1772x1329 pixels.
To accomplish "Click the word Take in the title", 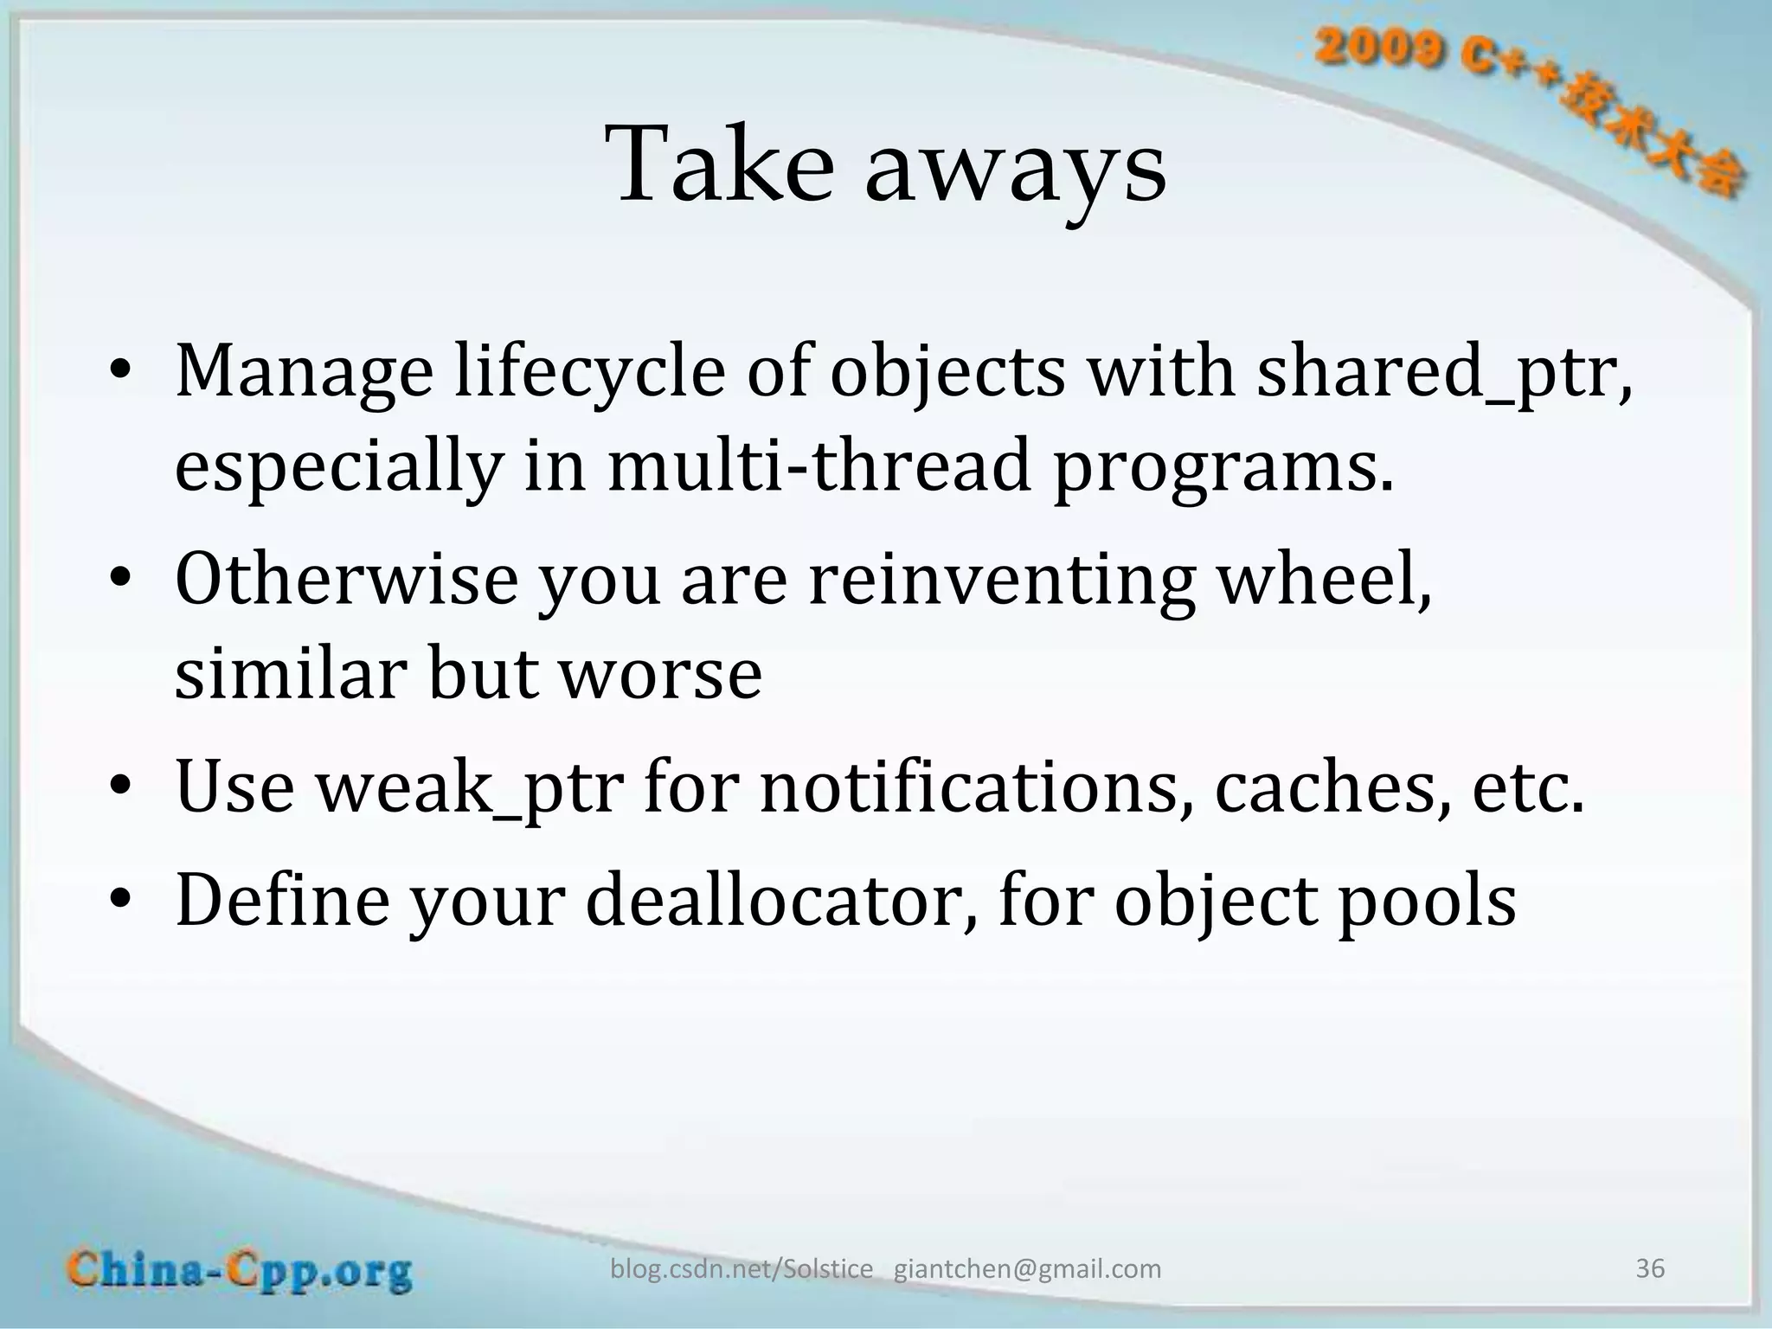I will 722,164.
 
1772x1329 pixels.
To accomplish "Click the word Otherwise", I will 346,578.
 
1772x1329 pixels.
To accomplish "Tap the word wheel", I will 1324,578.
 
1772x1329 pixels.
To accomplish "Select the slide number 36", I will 1649,1268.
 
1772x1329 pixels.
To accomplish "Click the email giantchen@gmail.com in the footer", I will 1027,1269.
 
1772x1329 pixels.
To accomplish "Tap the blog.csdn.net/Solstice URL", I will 742,1269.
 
